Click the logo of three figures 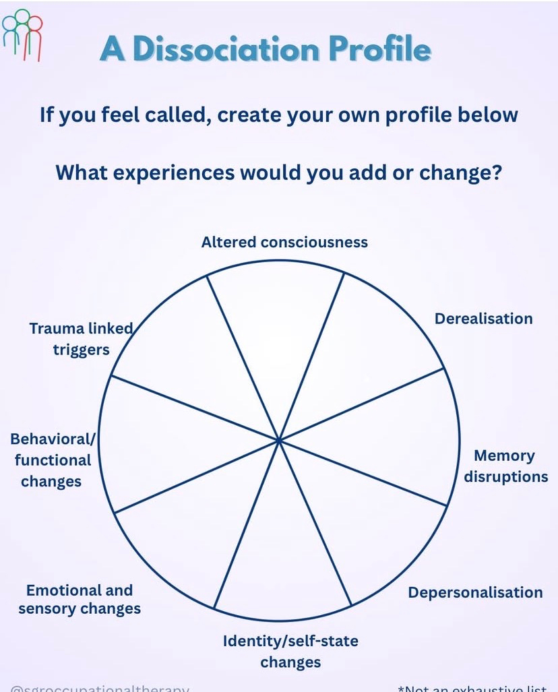pos(23,35)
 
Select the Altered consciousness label pos(284,242)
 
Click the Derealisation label pos(483,318)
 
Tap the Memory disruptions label pos(505,466)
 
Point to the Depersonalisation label pos(475,592)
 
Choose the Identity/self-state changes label pos(290,651)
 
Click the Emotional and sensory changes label pos(80,600)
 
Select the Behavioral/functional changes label pos(52,460)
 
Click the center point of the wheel pos(279,440)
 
